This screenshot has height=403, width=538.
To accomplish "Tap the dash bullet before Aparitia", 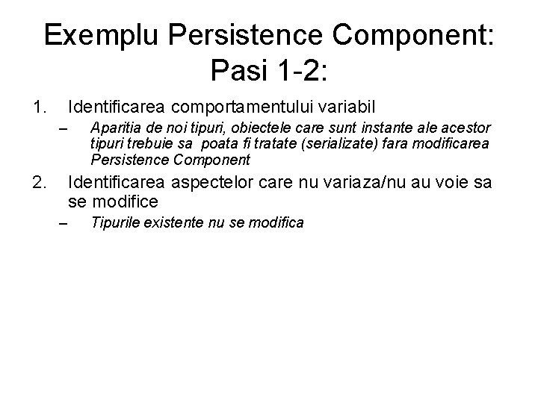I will (x=64, y=132).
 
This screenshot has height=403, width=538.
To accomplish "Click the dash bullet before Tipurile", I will (x=64, y=223).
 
